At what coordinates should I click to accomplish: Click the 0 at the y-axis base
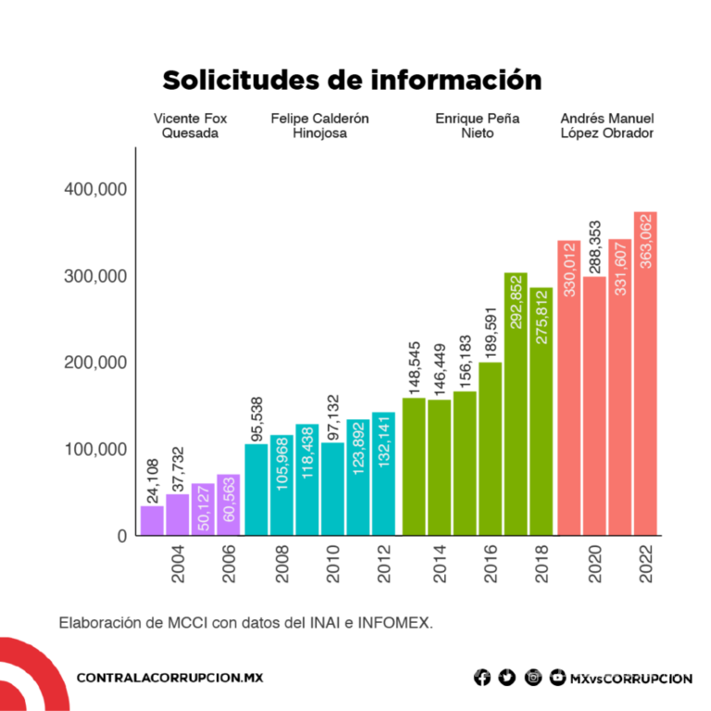coord(120,535)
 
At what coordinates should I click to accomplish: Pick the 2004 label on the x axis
coord(178,564)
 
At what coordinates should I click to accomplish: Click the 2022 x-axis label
coord(646,564)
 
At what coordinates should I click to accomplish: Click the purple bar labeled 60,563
coord(229,505)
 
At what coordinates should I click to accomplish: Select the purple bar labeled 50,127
coord(203,509)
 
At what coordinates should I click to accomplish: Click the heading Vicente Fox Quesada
coord(190,126)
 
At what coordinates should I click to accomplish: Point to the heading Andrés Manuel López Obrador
coord(607,126)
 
